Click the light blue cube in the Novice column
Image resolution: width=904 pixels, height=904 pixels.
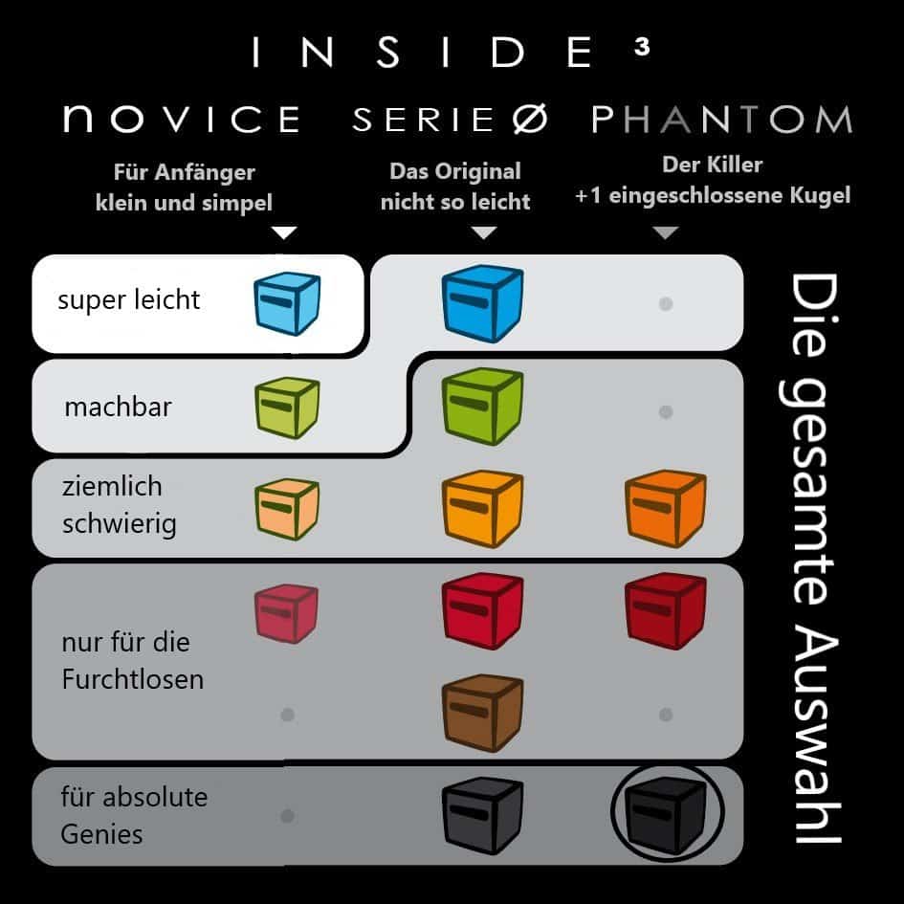pyautogui.click(x=287, y=304)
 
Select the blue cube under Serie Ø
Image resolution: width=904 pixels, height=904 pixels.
pyautogui.click(x=482, y=303)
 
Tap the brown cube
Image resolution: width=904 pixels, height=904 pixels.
pyautogui.click(x=482, y=714)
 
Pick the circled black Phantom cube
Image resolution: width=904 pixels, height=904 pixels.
pyautogui.click(x=667, y=814)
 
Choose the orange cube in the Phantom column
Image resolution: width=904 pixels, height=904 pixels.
pyautogui.click(x=665, y=509)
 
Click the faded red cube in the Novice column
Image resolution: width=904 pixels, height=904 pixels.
pyautogui.click(x=287, y=613)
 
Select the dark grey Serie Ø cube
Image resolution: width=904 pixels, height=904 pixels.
pyautogui.click(x=482, y=815)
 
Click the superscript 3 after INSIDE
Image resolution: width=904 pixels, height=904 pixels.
pyautogui.click(x=642, y=47)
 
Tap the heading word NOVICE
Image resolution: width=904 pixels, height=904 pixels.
pyautogui.click(x=182, y=119)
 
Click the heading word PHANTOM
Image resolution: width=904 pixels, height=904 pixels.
pyautogui.click(x=722, y=120)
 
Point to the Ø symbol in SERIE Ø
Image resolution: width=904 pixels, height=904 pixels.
pyautogui.click(x=530, y=120)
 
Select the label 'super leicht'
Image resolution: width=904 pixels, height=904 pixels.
pyautogui.click(x=128, y=300)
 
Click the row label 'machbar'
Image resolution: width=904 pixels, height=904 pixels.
pyautogui.click(x=119, y=407)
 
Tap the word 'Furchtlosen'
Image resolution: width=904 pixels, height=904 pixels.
pyautogui.click(x=133, y=679)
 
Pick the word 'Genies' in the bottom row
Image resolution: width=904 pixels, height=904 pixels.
pyautogui.click(x=101, y=834)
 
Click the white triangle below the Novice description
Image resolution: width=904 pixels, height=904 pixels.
pyautogui.click(x=284, y=232)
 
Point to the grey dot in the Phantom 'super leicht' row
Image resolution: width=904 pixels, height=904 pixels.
pyautogui.click(x=666, y=304)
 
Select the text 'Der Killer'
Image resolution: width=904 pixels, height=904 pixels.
pyautogui.click(x=713, y=165)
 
